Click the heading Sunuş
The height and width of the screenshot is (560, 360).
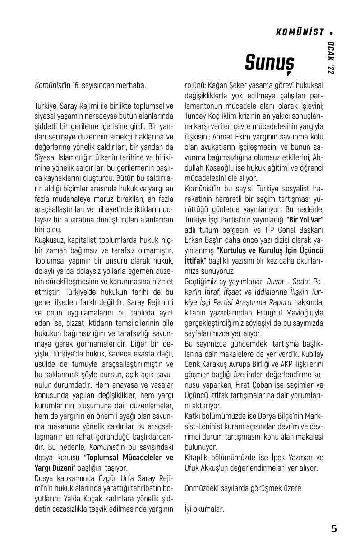(270, 62)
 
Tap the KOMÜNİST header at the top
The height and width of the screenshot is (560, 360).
(300, 32)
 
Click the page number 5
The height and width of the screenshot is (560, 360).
(334, 529)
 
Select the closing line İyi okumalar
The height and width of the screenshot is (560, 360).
(204, 509)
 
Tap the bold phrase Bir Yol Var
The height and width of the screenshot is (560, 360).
(305, 219)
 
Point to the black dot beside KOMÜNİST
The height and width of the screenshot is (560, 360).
(332, 32)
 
